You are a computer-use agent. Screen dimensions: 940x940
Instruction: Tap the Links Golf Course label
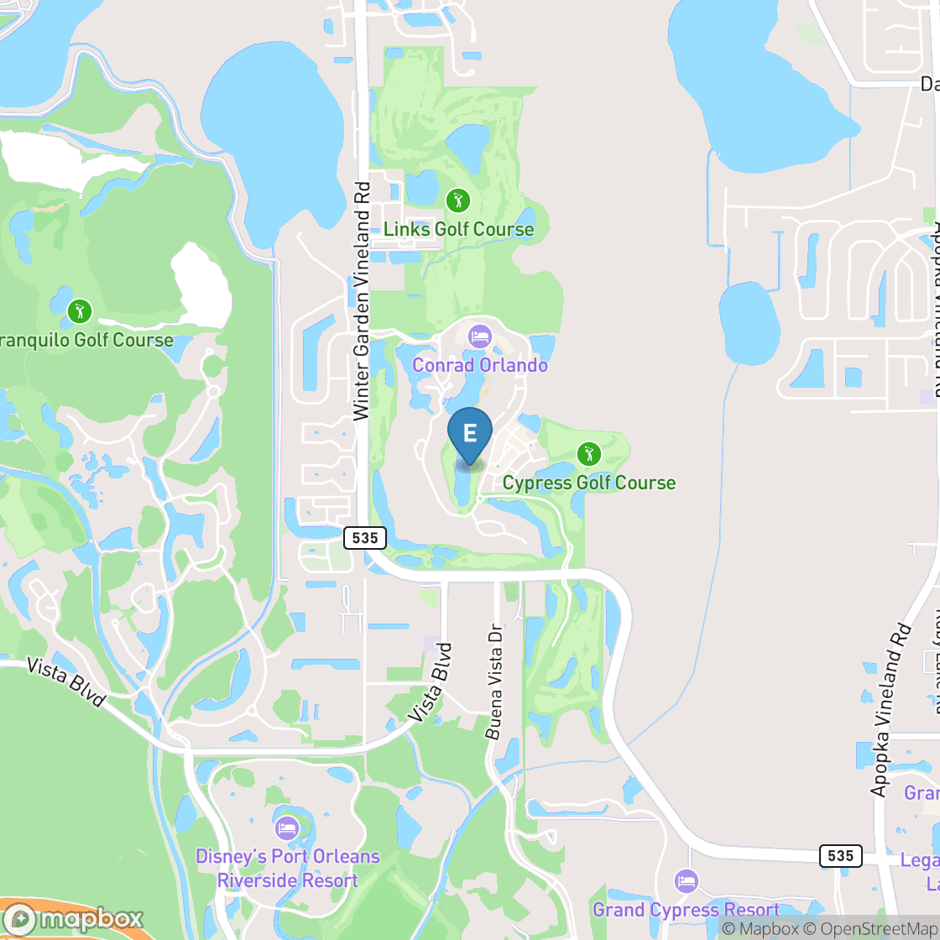(x=458, y=229)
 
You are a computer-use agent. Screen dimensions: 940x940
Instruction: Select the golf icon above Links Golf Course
(x=457, y=201)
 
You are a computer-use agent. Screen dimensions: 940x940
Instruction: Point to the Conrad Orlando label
(x=480, y=365)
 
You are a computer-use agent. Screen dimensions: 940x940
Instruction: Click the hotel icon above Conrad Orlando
(x=480, y=337)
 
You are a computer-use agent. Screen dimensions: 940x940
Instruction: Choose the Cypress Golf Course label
(x=588, y=483)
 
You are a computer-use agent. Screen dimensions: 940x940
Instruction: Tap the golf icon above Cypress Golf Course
(x=588, y=455)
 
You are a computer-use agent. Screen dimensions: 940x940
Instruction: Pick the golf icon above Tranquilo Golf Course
(x=80, y=311)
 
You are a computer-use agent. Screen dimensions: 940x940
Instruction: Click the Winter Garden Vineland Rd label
(x=362, y=301)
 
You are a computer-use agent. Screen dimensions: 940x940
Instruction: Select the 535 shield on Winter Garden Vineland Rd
(x=365, y=537)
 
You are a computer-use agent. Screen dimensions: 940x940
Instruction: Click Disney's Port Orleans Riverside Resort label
(x=287, y=869)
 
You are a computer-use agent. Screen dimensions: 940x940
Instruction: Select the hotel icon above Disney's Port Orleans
(x=287, y=828)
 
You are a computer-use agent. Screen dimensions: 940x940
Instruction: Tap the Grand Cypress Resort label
(x=686, y=910)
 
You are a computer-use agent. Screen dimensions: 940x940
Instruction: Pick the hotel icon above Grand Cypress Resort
(x=687, y=881)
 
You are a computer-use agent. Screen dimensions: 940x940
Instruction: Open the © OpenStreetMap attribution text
(x=869, y=928)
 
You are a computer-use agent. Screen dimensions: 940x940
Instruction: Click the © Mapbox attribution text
(x=760, y=928)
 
